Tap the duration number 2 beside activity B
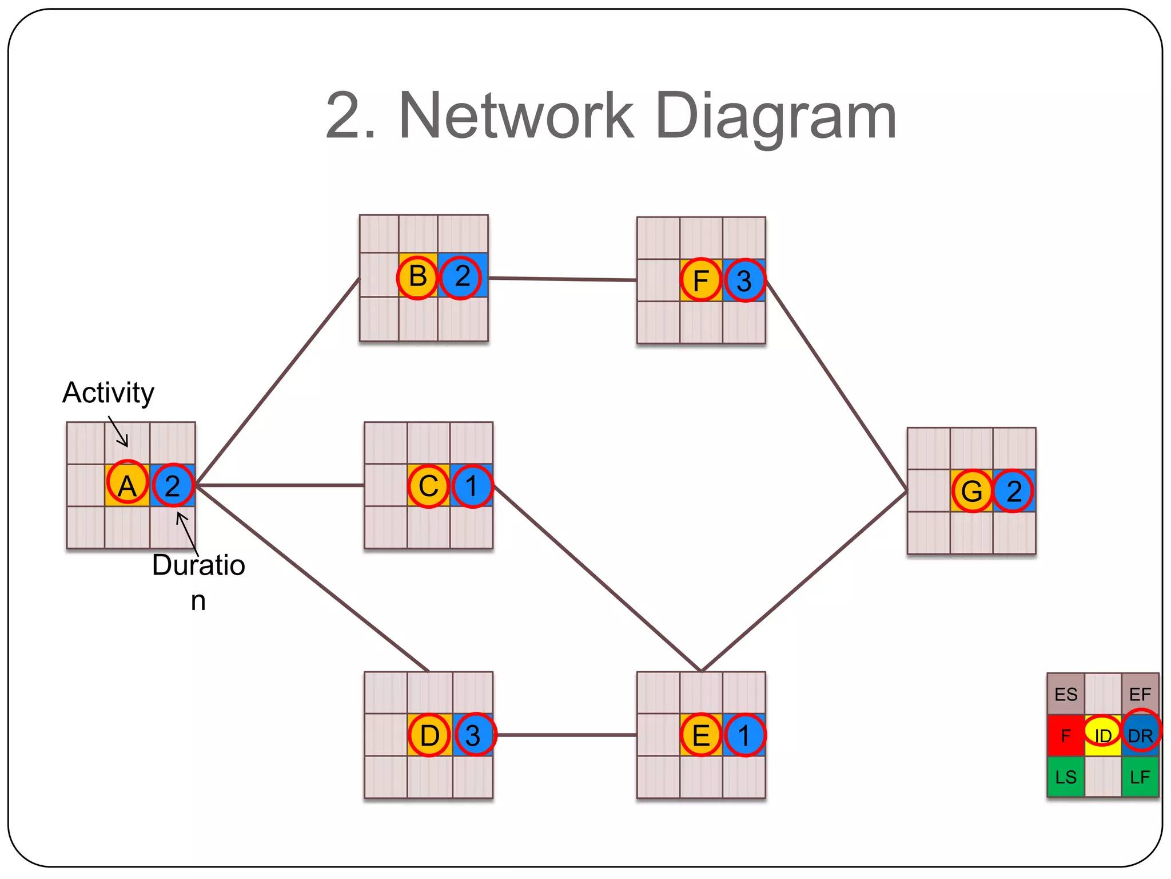[x=461, y=278]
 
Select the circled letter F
[x=701, y=280]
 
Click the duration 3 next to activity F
[x=744, y=280]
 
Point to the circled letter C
[x=429, y=486]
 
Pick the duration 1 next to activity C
[x=472, y=486]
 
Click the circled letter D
[x=429, y=735]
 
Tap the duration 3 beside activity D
[x=473, y=735]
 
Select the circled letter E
[x=701, y=735]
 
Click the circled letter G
[x=972, y=490]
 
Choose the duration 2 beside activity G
[x=1014, y=490]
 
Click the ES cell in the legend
[x=1066, y=694]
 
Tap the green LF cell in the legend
[x=1140, y=777]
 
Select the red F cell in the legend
[x=1066, y=735]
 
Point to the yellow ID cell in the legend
[x=1102, y=735]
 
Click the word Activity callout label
[x=108, y=393]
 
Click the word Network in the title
[x=516, y=116]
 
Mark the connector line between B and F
[x=563, y=279]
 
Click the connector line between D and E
[x=566, y=735]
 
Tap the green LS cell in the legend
[x=1066, y=777]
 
